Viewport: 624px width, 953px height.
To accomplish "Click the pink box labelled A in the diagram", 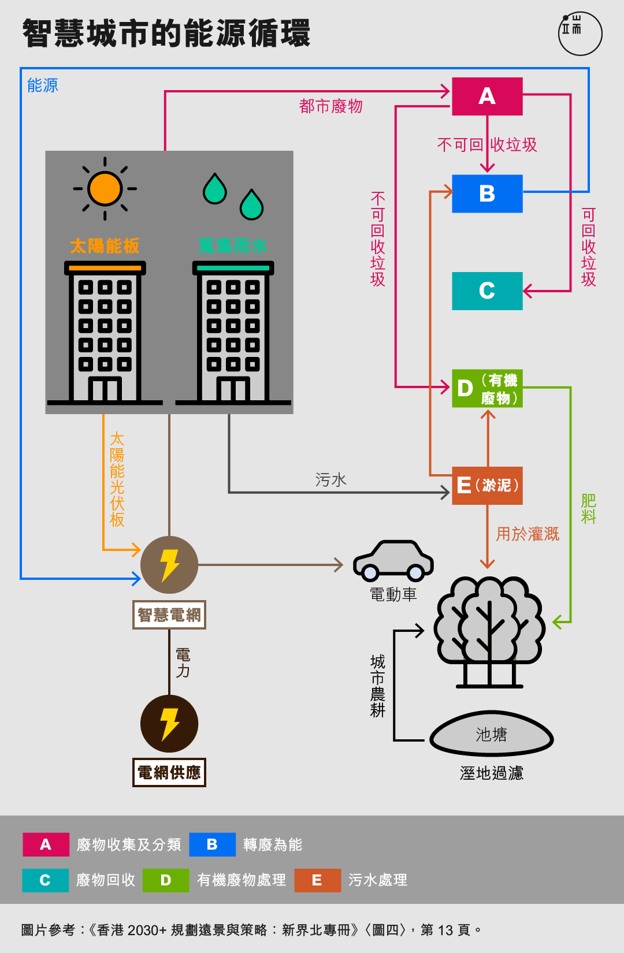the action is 487,96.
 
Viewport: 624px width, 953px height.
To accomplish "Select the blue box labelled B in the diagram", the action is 487,193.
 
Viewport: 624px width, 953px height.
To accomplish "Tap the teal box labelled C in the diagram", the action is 487,291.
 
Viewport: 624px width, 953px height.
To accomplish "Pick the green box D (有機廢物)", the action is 487,389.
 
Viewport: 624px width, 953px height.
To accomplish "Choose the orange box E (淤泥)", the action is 487,485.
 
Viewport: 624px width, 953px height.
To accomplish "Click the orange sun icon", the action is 105,188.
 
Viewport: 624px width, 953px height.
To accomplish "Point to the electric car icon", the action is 393,561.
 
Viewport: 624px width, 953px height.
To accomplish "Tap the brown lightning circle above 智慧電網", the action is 169,564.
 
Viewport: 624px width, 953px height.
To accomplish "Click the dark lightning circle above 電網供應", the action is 169,724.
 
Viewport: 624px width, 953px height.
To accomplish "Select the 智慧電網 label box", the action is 169,615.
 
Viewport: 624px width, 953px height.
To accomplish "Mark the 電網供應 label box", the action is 169,772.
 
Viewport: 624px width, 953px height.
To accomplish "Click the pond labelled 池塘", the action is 492,734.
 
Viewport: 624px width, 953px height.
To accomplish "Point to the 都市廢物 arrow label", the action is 330,106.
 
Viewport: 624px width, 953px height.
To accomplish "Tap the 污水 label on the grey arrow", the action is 330,480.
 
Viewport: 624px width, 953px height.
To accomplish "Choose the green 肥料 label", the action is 589,508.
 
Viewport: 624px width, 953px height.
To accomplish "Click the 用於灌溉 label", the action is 528,534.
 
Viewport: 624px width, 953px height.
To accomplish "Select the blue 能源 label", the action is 43,85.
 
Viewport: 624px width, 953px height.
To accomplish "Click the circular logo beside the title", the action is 580,33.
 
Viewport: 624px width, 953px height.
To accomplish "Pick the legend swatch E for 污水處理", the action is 318,880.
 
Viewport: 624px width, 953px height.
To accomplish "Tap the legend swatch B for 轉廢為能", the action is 213,844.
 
